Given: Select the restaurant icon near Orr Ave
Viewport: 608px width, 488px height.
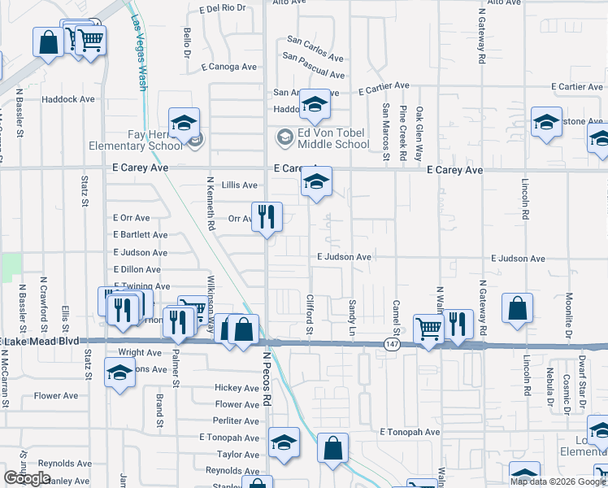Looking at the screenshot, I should [267, 217].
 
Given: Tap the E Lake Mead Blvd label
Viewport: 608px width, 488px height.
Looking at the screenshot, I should [41, 340].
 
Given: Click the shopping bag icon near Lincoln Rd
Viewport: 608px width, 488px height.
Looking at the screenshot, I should [517, 309].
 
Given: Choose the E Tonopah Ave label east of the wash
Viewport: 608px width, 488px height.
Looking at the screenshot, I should [410, 432].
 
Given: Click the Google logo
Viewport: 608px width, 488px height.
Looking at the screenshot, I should [27, 478].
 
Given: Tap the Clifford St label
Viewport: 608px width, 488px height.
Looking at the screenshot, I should [310, 314].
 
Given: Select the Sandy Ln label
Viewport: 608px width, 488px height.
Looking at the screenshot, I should [352, 318].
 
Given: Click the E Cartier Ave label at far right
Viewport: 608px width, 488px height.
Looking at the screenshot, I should [579, 86].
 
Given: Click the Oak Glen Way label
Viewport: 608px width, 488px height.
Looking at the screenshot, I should [420, 132].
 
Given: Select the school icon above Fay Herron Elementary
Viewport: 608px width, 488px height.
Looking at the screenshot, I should [185, 123].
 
